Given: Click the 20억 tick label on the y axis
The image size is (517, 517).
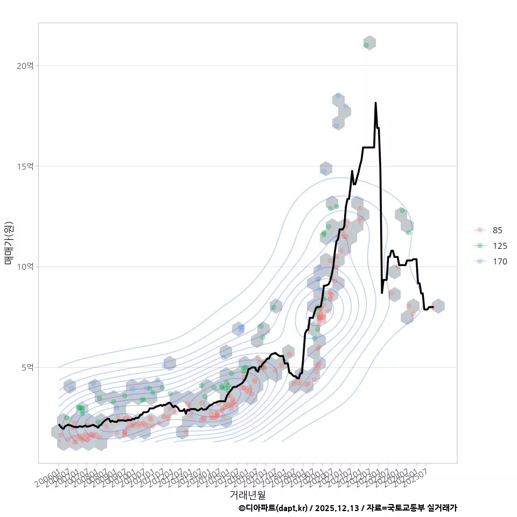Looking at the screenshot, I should pos(26,66).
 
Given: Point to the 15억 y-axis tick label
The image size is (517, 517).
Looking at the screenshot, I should pos(26,166).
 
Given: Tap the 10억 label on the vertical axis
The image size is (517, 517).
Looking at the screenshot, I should pos(26,267).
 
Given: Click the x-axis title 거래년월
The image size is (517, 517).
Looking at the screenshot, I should pos(247,494).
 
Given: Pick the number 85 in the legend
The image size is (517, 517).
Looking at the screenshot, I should pos(497,230).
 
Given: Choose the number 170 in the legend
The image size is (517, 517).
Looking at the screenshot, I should pos(499,262).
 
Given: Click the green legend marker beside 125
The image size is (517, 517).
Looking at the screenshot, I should pos(480,246).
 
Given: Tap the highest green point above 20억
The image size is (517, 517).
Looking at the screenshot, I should pos(366,45).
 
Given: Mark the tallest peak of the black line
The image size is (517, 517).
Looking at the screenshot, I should pos(375,102).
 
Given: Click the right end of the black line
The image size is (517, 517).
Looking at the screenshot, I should pos(433,307).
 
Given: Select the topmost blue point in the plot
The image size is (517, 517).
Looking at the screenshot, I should pos(338,96).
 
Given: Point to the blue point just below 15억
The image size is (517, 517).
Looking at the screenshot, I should pos(324,171).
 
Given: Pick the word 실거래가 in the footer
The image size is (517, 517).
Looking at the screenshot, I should pos(442,508).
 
